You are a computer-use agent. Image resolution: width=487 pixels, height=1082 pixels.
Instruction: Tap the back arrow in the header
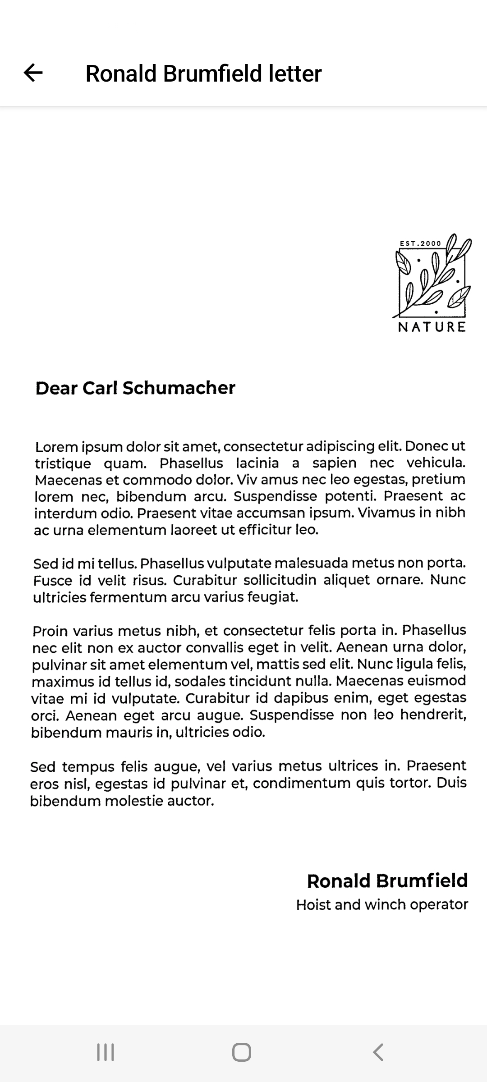click(33, 73)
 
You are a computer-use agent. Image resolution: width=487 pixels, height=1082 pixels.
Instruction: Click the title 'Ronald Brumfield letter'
click(203, 73)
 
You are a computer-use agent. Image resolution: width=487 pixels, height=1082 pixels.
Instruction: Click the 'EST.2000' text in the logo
click(420, 243)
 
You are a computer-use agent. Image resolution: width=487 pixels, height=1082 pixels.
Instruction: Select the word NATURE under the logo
click(432, 327)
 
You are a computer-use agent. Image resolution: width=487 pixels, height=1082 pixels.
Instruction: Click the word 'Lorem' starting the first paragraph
click(56, 447)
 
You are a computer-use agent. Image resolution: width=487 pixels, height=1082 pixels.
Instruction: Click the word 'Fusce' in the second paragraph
click(53, 580)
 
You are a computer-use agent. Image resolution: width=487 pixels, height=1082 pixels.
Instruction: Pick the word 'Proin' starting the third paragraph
click(51, 631)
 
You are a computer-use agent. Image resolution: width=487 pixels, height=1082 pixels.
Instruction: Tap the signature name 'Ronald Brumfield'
click(387, 880)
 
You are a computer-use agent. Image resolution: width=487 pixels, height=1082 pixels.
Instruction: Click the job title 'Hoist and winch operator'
click(382, 905)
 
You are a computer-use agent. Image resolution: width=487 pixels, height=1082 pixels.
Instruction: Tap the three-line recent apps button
click(106, 1052)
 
